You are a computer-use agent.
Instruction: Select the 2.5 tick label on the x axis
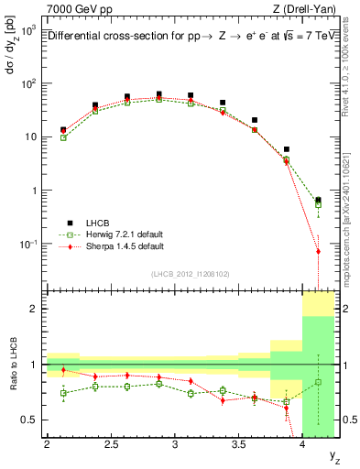[x=111, y=445]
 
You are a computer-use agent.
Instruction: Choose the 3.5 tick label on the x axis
[x=238, y=445]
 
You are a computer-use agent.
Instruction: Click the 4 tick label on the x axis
[x=302, y=445]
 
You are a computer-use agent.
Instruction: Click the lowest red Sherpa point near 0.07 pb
[x=318, y=251]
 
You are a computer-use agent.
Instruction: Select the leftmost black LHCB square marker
[x=63, y=130]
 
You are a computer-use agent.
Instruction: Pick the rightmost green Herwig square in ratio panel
[x=318, y=382]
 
